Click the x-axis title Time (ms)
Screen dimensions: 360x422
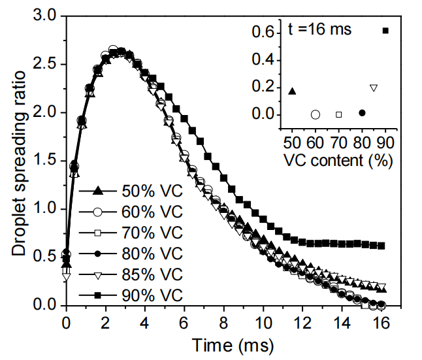click(x=224, y=344)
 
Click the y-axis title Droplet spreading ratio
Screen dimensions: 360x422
click(x=18, y=161)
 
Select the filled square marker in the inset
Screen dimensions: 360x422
click(x=385, y=31)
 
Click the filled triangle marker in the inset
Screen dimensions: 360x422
click(x=292, y=91)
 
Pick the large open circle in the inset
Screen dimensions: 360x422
click(x=316, y=114)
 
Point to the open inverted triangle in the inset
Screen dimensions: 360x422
click(x=374, y=88)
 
